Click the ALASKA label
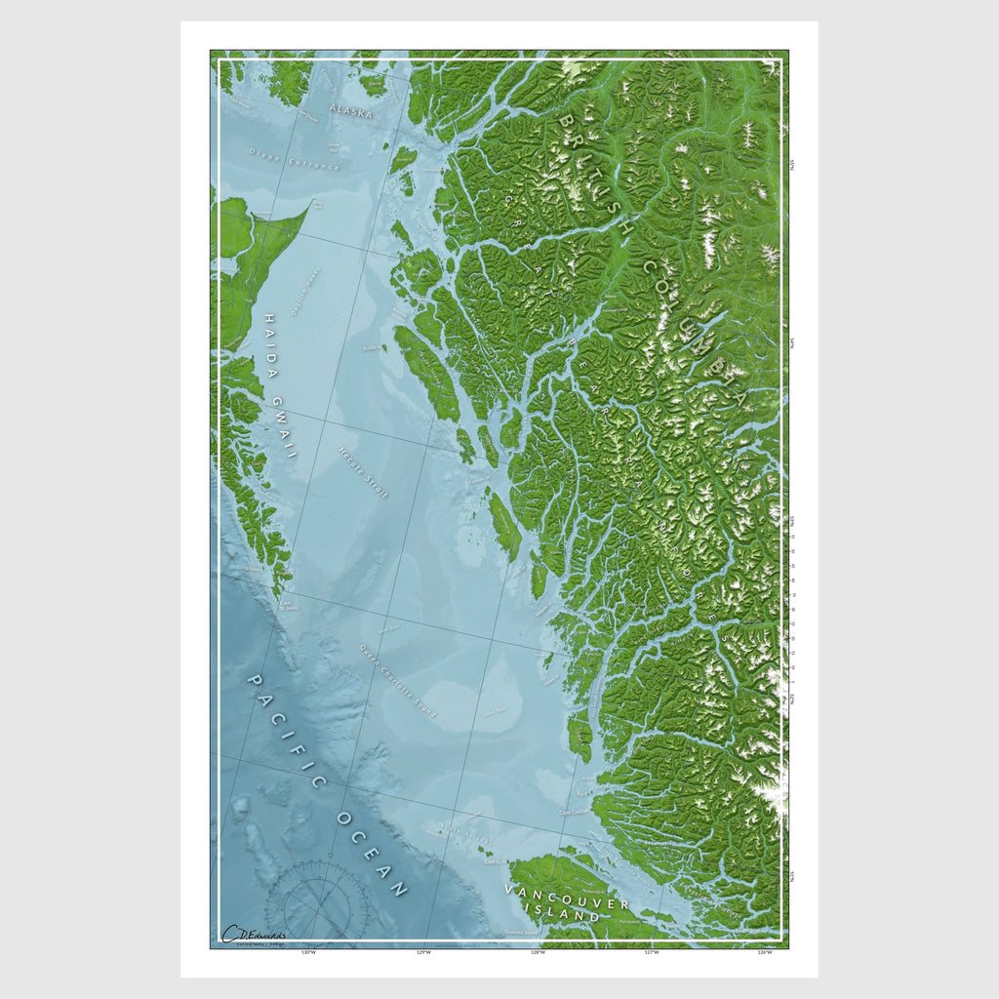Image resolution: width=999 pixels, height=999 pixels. tap(350, 112)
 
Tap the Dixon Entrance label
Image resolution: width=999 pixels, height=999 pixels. tap(294, 159)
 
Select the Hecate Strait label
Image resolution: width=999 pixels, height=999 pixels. tap(363, 472)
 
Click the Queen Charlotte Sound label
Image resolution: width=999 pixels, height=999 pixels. tap(397, 682)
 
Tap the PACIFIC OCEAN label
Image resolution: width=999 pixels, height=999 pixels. tap(327, 785)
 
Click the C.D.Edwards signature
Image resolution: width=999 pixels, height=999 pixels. tap(254, 935)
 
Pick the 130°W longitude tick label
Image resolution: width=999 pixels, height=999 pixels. tap(308, 953)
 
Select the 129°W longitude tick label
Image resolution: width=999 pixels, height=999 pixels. tap(422, 953)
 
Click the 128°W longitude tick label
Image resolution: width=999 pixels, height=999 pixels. tap(538, 953)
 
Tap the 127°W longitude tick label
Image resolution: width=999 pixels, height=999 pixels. tap(652, 953)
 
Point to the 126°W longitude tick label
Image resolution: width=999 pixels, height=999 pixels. tap(766, 953)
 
